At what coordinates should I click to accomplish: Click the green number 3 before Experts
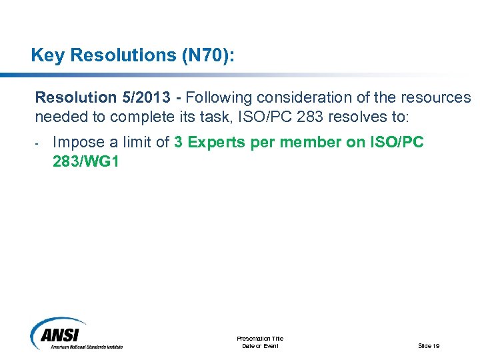tap(179, 142)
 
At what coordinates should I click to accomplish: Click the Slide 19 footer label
tap(429, 345)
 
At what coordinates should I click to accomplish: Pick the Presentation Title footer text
tap(260, 339)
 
